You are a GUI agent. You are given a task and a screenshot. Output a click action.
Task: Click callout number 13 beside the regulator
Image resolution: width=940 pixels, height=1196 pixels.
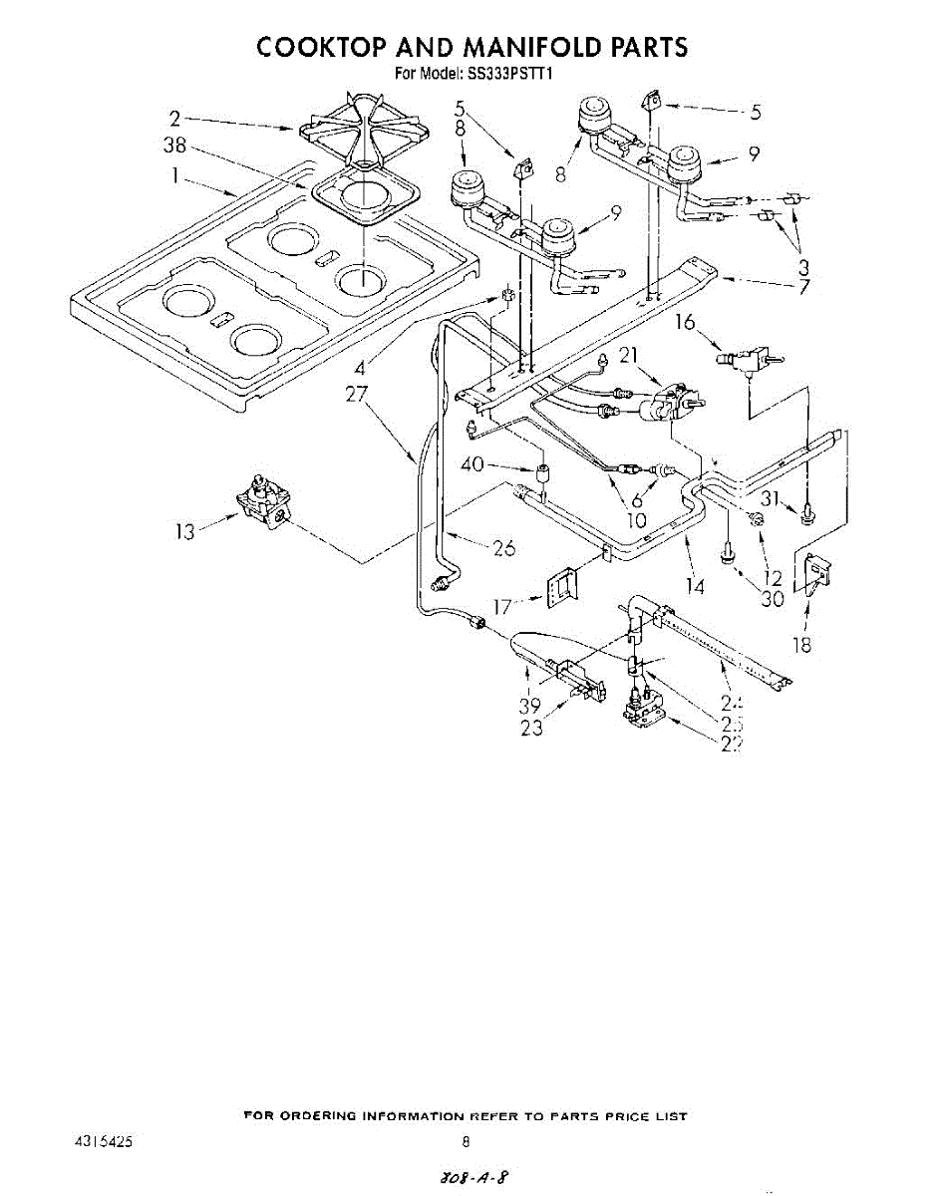tap(184, 532)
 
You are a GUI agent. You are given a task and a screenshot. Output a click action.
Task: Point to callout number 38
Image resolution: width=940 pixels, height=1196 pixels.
tap(174, 146)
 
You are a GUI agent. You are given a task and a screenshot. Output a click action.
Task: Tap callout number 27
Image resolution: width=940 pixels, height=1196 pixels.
tap(356, 394)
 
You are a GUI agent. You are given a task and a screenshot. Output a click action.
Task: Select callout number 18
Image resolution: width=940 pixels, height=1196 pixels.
tap(801, 645)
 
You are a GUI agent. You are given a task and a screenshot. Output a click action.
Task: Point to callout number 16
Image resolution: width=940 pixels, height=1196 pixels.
tap(684, 322)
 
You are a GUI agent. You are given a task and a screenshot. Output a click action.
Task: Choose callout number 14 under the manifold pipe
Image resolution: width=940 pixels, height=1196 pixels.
tap(695, 586)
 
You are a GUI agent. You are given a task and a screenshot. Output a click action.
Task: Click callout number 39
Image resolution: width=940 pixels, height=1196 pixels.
tap(529, 704)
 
